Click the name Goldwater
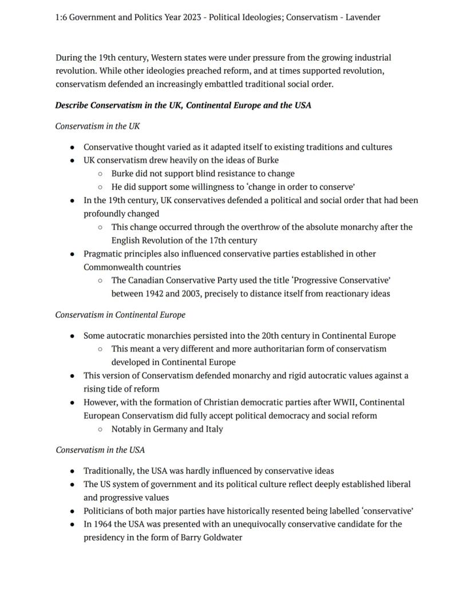[223, 537]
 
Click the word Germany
[171, 429]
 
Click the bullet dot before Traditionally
[72, 471]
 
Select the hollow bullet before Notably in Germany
[100, 429]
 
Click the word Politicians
[106, 511]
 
